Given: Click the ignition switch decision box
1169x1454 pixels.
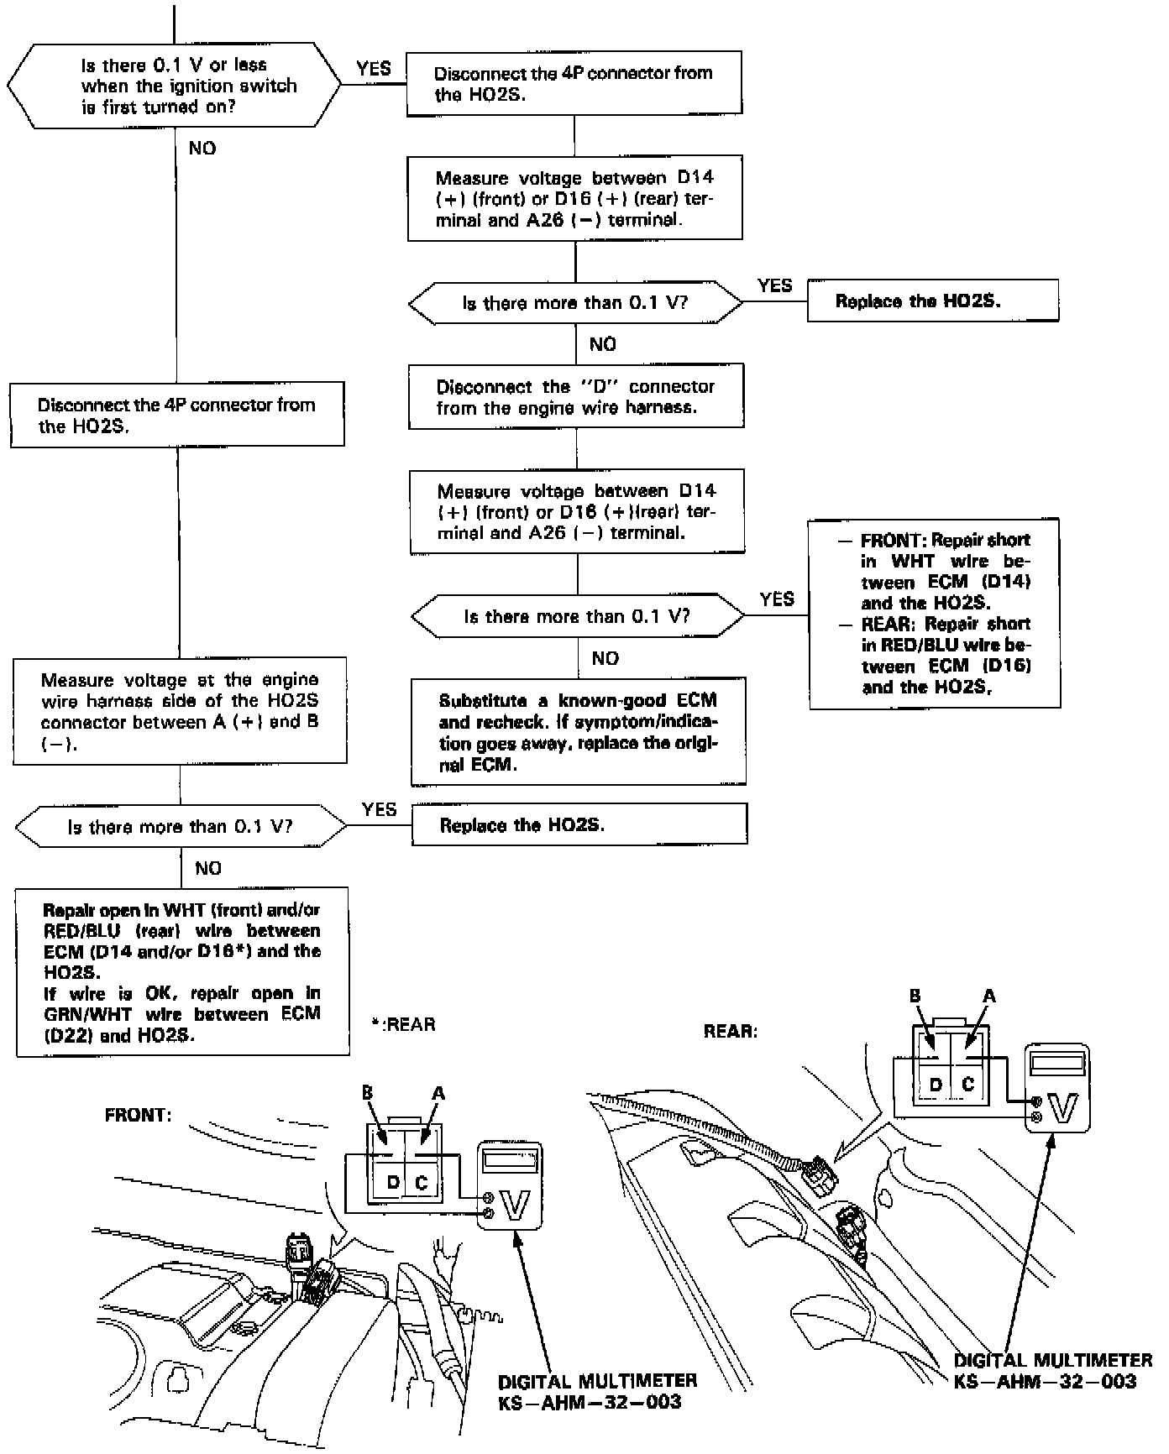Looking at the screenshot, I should pyautogui.click(x=175, y=86).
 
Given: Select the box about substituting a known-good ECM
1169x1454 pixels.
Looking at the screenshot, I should pyautogui.click(x=578, y=732).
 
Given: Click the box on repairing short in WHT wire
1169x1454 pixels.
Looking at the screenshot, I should pyautogui.click(x=934, y=614).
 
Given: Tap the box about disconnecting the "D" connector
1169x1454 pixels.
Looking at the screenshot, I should pyautogui.click(x=576, y=397).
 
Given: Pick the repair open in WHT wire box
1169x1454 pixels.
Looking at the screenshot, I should pyautogui.click(x=182, y=972).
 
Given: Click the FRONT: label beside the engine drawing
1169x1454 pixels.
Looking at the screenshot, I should pyautogui.click(x=138, y=1115).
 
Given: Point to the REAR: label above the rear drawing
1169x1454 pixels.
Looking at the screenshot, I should pyautogui.click(x=731, y=1031).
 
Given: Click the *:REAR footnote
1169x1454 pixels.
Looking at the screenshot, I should pyautogui.click(x=404, y=1024).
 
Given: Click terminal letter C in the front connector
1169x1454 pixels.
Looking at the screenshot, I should pyautogui.click(x=422, y=1183).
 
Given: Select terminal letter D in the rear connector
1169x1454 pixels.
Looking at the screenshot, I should pyautogui.click(x=936, y=1084).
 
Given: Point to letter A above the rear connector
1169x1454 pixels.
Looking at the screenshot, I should pyautogui.click(x=989, y=996).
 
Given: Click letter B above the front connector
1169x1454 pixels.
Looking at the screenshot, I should pyautogui.click(x=367, y=1092).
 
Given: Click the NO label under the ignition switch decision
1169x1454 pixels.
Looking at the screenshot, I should pyautogui.click(x=202, y=149).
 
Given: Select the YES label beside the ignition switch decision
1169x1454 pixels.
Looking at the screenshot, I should pyautogui.click(x=374, y=69).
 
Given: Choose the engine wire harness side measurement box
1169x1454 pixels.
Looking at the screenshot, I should pyautogui.click(x=180, y=711).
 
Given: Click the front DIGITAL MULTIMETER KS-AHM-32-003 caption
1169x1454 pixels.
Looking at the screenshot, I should pyautogui.click(x=597, y=1390).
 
